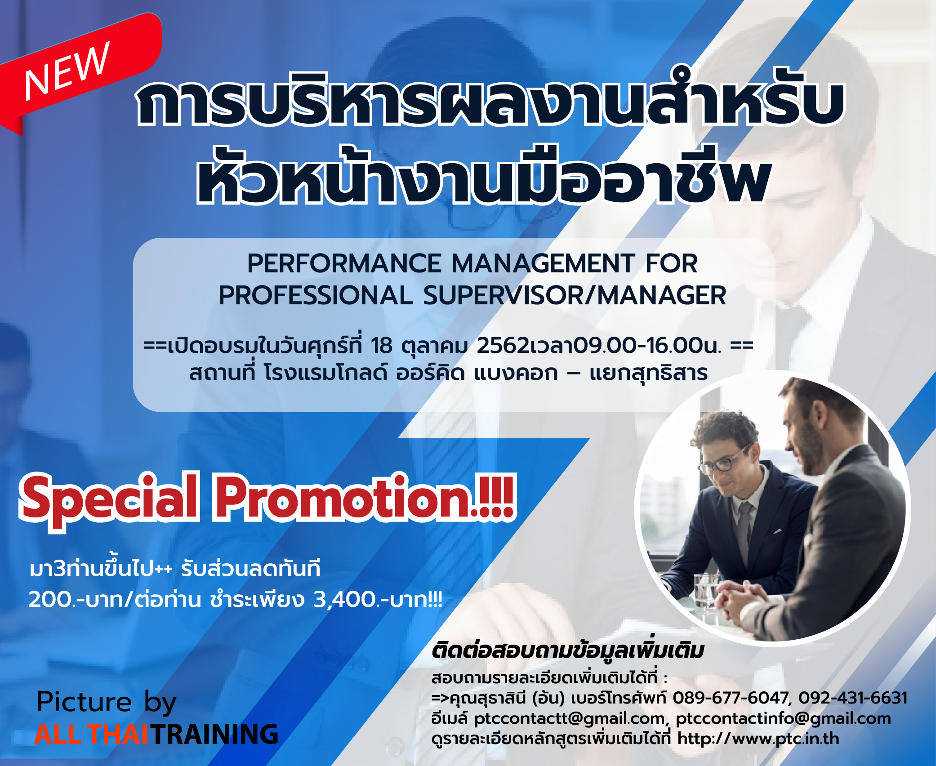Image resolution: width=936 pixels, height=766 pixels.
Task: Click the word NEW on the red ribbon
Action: (67, 71)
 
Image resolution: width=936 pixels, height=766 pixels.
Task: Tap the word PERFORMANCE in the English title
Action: (344, 263)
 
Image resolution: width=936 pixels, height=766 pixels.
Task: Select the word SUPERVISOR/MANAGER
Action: (575, 296)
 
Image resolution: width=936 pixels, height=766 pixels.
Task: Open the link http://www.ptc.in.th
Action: (758, 739)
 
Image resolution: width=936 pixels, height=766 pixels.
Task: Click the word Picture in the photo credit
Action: (85, 702)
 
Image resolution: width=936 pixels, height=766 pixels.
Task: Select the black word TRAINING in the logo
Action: (215, 735)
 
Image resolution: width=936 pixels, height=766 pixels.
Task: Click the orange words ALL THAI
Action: (91, 735)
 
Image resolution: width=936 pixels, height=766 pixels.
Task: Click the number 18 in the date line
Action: (382, 346)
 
